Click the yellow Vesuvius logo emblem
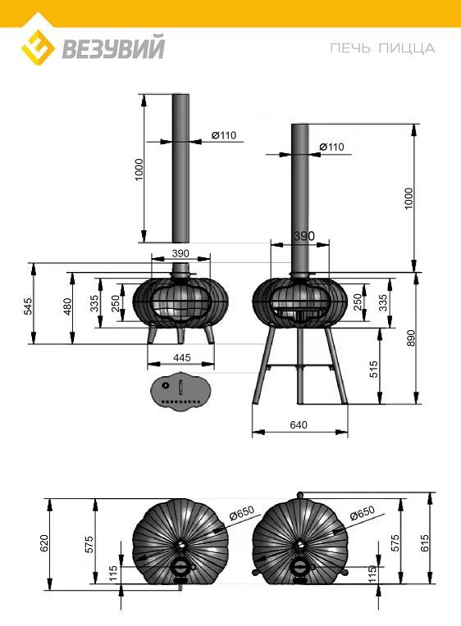coord(38,48)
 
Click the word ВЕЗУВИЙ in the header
coord(113,48)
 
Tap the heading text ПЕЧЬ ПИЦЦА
coord(382,48)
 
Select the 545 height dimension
coord(28,306)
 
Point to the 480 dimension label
coord(67,306)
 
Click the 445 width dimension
coord(181,357)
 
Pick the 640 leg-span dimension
coord(299,424)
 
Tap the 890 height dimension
coord(411,338)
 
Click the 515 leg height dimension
coord(372,370)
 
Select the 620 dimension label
coord(44,543)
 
